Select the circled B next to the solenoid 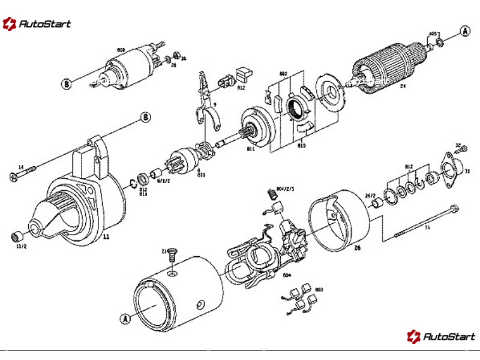67,84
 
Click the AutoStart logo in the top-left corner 37,24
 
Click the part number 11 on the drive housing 106,236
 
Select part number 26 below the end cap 357,246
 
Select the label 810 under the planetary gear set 301,145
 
